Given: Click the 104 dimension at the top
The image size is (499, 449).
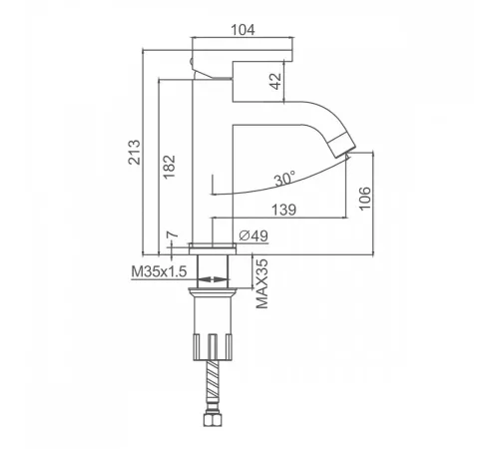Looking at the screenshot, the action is pyautogui.click(x=243, y=30).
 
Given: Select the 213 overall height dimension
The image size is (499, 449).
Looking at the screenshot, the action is pyautogui.click(x=135, y=152).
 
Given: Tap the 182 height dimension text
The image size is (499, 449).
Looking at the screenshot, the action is pyautogui.click(x=169, y=167).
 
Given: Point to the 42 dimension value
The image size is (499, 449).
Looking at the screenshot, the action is pyautogui.click(x=275, y=81).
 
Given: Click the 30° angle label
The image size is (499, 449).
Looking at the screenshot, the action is pyautogui.click(x=285, y=179).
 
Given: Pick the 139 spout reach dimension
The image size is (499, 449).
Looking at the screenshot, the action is pyautogui.click(x=283, y=210).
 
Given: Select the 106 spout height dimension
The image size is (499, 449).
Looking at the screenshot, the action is pyautogui.click(x=365, y=199).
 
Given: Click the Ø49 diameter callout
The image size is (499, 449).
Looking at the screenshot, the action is pyautogui.click(x=253, y=235).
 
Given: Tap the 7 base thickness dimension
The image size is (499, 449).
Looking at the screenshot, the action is pyautogui.click(x=173, y=234).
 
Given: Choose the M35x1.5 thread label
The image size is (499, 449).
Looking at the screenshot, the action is pyautogui.click(x=159, y=271).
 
